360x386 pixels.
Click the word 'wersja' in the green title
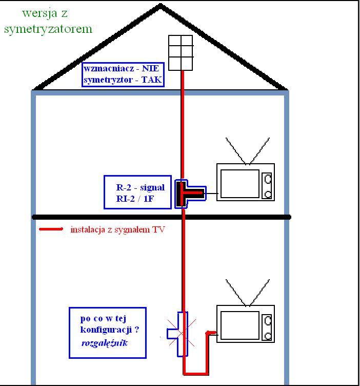click(39, 13)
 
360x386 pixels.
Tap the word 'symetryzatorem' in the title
click(48, 29)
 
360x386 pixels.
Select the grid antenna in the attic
click(181, 53)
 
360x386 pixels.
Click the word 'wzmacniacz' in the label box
click(109, 68)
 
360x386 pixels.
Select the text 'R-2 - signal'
click(140, 187)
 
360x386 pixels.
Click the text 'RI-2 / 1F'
click(135, 199)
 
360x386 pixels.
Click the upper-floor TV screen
click(240, 183)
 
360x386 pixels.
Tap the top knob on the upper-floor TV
click(268, 179)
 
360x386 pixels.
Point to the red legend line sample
click(51, 229)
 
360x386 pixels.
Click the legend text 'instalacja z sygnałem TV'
click(117, 229)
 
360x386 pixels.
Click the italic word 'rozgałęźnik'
click(104, 343)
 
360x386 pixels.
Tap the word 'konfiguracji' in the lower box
click(106, 330)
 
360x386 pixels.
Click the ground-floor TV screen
click(240, 325)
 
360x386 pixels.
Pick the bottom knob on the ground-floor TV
click(268, 336)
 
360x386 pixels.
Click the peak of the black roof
click(161, 5)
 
